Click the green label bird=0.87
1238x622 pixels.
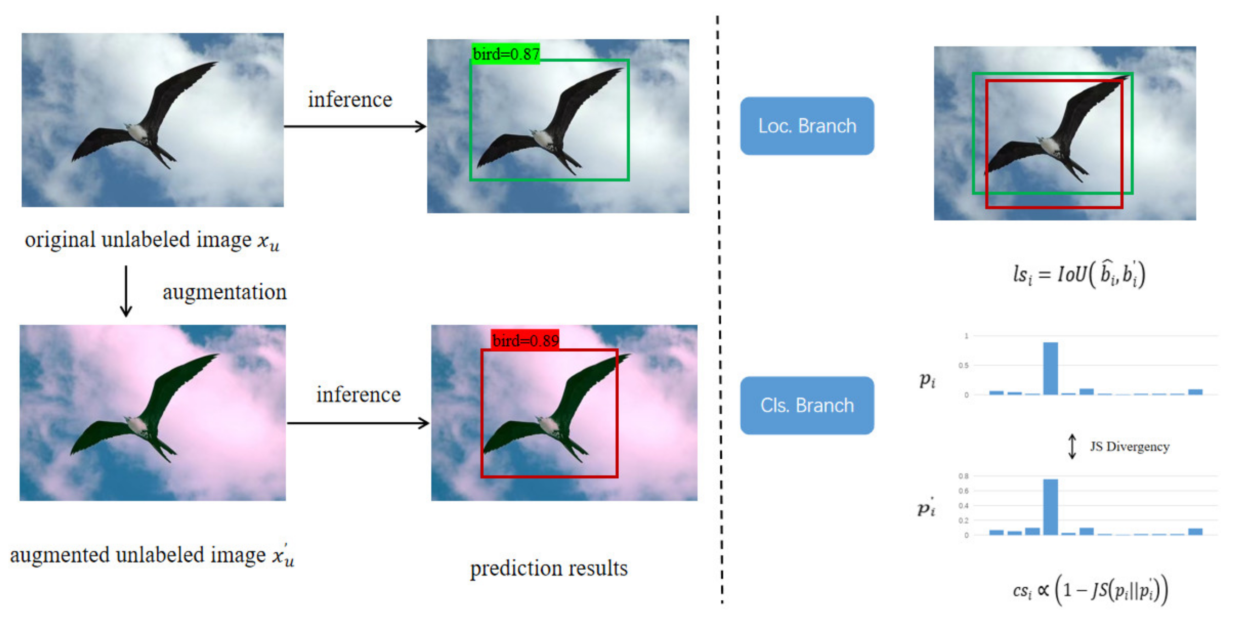pos(506,54)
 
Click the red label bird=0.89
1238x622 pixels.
pos(525,340)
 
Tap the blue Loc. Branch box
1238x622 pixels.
pos(806,126)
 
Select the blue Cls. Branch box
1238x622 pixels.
pos(806,405)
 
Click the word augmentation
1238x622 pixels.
pos(224,292)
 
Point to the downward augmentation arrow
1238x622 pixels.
pos(126,291)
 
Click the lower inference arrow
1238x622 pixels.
pos(358,423)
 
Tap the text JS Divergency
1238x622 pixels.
pos(1129,447)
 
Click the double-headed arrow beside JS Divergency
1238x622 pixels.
pos(1072,447)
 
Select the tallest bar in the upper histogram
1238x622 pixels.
pos(1050,368)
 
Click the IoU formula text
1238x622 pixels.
pos(1079,274)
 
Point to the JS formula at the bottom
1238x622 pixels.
pos(1090,590)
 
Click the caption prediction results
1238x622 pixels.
pos(548,568)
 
